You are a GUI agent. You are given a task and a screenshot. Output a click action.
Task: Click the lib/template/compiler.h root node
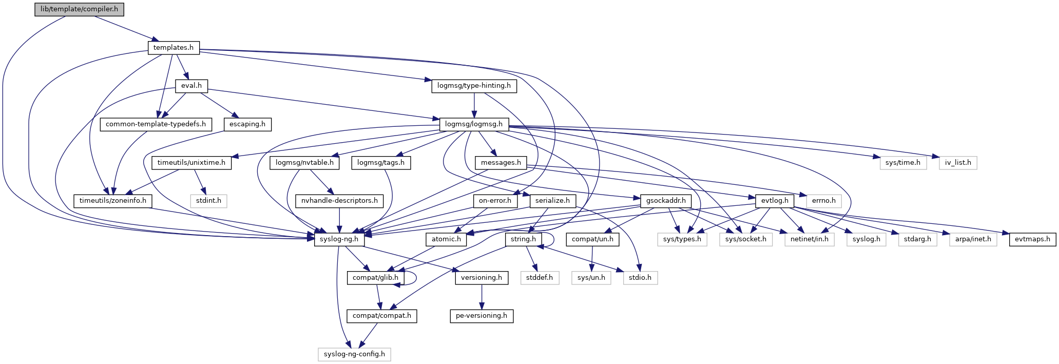coord(80,9)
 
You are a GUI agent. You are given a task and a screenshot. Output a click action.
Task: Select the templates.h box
coord(174,48)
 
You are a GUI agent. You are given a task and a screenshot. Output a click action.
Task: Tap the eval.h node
coord(191,86)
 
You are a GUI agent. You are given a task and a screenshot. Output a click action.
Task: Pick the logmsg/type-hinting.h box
coord(474,86)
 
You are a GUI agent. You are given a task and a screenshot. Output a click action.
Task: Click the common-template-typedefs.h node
coord(156,124)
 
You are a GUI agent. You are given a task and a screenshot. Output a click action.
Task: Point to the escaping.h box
coord(247,124)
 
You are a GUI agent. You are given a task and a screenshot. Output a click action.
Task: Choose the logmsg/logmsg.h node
coord(474,124)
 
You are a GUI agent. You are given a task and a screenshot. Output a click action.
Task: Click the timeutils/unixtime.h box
coord(191,163)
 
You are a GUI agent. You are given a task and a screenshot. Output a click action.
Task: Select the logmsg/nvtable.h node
coord(305,163)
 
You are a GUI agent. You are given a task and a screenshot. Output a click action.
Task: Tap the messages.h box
coord(500,163)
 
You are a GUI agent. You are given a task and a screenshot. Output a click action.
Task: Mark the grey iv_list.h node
coord(958,163)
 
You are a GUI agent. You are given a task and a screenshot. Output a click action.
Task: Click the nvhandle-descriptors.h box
coord(339,201)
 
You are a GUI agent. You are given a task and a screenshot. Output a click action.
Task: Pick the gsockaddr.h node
coord(666,201)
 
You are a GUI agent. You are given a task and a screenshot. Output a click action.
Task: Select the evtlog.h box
coord(775,201)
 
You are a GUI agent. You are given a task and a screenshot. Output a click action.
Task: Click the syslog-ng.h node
coord(339,239)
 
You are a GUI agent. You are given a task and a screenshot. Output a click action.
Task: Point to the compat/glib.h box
coord(376,278)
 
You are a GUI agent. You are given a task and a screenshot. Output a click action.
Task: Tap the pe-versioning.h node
coord(482,316)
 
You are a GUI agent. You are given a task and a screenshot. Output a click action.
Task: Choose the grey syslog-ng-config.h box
coord(354,354)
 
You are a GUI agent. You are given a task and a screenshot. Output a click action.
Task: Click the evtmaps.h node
coord(1032,239)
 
